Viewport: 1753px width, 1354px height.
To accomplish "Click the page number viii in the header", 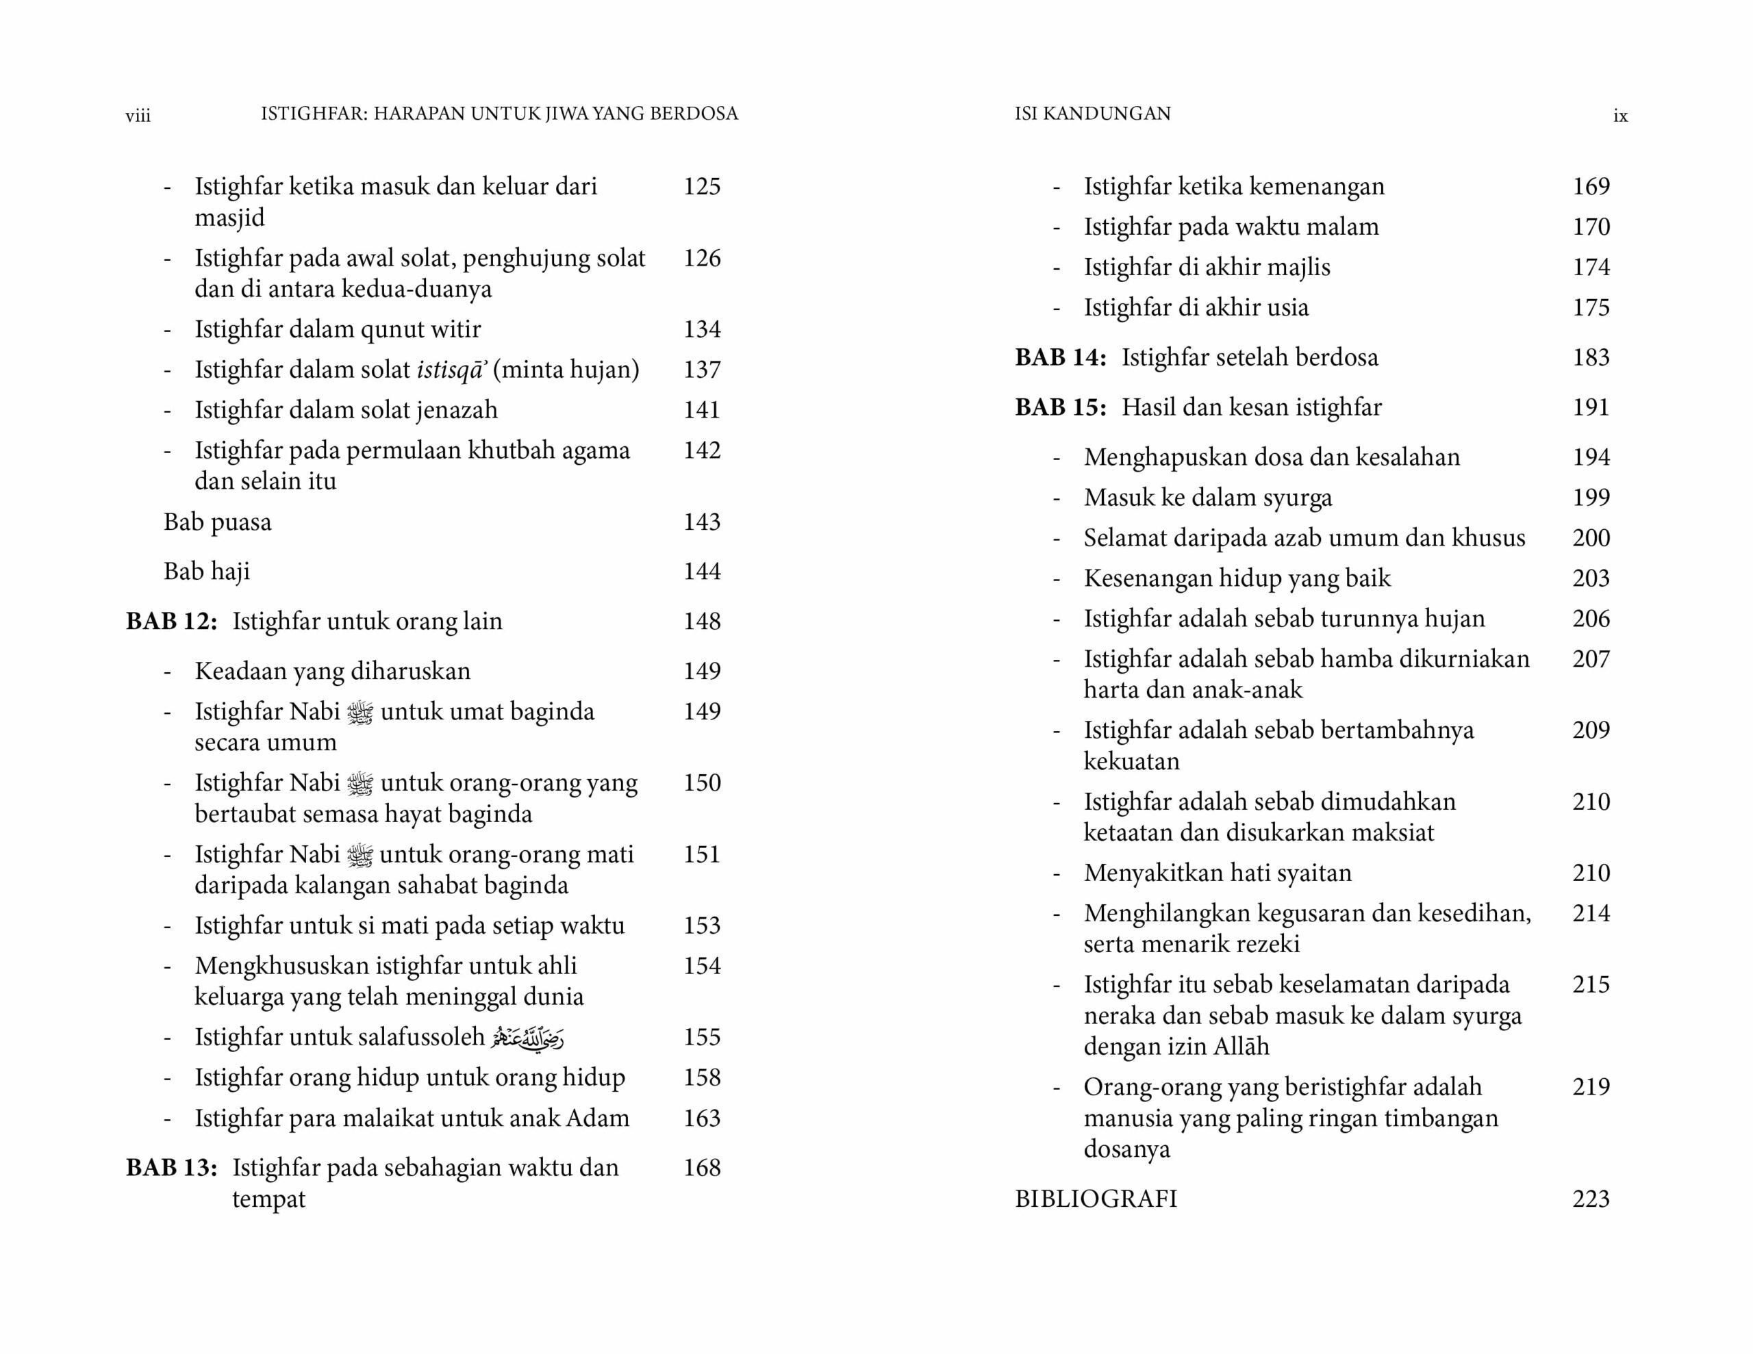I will (138, 116).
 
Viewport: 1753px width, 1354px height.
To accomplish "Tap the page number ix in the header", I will (1619, 116).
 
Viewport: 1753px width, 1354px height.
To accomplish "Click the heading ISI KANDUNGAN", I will (1092, 114).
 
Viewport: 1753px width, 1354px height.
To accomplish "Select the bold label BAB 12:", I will (171, 622).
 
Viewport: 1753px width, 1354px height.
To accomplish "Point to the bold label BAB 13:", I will (171, 1168).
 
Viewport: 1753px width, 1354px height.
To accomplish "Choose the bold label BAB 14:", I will (1059, 357).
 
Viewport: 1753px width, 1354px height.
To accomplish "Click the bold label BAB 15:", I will (1059, 407).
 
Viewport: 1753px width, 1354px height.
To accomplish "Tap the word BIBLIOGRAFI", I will (1095, 1199).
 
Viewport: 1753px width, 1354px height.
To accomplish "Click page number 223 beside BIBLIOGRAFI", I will (1590, 1199).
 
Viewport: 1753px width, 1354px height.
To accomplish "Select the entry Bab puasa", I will (218, 522).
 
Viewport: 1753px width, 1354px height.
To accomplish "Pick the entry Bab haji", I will (207, 572).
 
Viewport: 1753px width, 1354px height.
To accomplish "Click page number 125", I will (701, 186).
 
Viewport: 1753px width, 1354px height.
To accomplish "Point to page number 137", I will (701, 370).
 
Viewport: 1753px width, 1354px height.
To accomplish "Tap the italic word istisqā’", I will (452, 370).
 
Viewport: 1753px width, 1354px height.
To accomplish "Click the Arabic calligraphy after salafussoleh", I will (527, 1038).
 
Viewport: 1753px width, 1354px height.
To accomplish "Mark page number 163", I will (701, 1118).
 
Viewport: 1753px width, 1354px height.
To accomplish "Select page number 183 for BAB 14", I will (1590, 357).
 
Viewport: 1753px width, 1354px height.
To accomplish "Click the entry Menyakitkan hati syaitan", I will (1217, 873).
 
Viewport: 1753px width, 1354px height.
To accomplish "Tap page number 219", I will (1590, 1087).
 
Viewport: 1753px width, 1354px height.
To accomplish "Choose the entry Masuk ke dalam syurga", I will (1207, 498).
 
